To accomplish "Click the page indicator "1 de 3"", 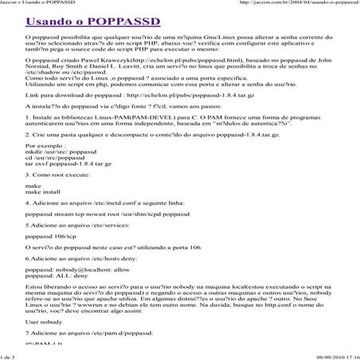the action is click(x=11, y=356).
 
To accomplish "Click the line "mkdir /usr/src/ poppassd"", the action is click(x=58, y=150).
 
